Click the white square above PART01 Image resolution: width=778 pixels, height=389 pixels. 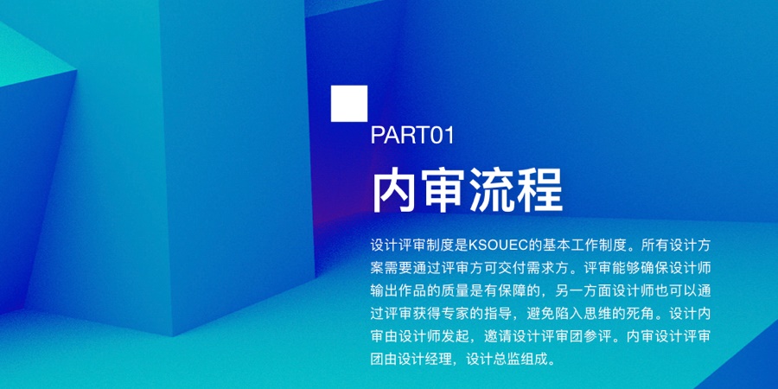(350, 103)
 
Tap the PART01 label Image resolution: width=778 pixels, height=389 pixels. (412, 135)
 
